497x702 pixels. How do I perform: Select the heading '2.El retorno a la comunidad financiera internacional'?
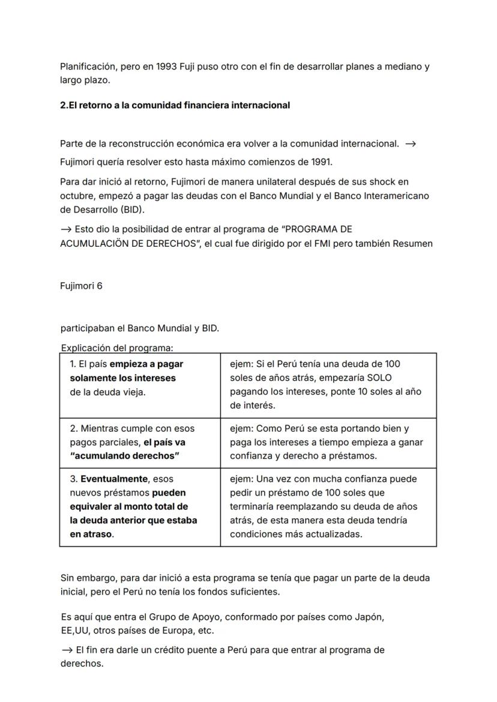coord(175,105)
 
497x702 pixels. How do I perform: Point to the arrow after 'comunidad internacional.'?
coord(411,144)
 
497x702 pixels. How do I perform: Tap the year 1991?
coord(321,162)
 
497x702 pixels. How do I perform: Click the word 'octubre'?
coord(76,196)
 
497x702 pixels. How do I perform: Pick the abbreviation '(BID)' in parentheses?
coord(132,210)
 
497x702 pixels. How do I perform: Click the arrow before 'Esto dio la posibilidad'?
coord(65,229)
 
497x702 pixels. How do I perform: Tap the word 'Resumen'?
coord(412,244)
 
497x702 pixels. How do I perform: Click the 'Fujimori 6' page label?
coord(81,286)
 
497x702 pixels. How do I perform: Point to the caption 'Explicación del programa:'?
coord(117,348)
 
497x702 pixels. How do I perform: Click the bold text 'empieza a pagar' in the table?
coord(146,364)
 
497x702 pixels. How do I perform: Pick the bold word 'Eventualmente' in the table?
coord(115,479)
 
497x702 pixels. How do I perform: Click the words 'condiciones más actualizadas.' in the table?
coord(296,534)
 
